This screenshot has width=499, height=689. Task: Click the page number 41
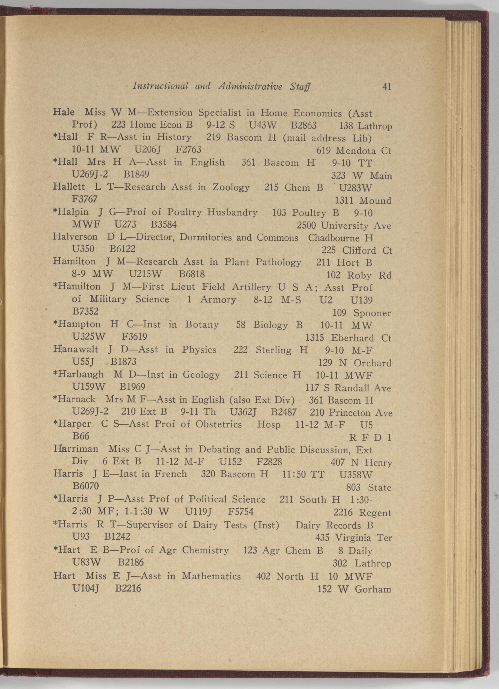tap(386, 87)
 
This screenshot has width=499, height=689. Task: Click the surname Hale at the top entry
tap(63, 112)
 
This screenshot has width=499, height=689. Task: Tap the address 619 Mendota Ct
tap(354, 151)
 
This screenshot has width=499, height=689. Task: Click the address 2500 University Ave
tap(344, 226)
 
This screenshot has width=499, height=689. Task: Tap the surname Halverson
tap(75, 237)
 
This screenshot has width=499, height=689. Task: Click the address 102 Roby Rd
tap(358, 276)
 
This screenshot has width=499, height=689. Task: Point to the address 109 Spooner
tap(362, 313)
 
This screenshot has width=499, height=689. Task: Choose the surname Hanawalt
tap(75, 350)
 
